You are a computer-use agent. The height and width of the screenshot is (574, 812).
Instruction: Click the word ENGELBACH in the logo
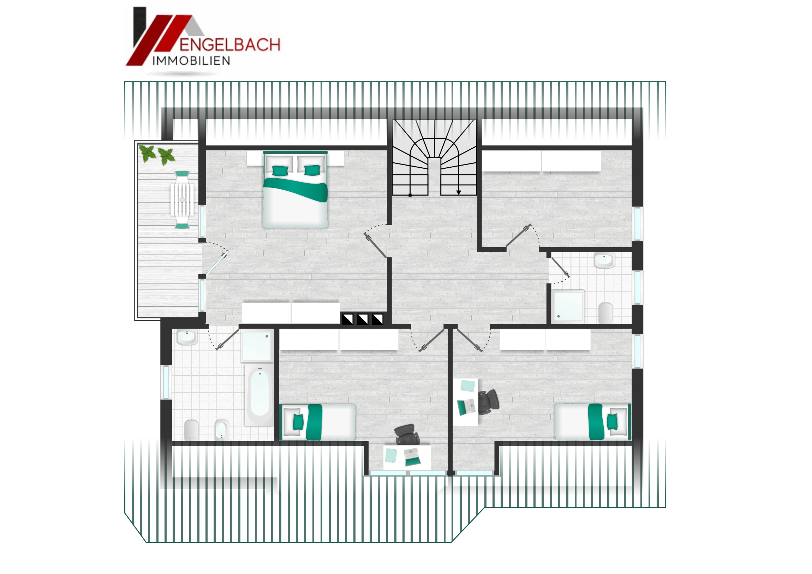tap(230, 45)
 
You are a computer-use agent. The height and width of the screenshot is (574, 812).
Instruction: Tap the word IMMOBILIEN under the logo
tap(191, 61)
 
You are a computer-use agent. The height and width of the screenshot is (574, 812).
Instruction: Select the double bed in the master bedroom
tap(295, 190)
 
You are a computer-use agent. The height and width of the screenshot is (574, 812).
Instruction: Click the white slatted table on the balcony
tap(182, 199)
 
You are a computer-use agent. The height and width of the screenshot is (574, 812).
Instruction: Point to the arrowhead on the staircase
tap(459, 192)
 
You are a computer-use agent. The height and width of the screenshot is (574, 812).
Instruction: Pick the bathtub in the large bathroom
tap(259, 396)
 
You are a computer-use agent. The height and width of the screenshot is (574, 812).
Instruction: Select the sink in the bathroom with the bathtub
tap(187, 337)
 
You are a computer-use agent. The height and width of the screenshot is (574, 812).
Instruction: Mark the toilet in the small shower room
tap(605, 313)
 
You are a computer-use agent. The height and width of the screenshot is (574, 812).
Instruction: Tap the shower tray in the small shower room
tap(568, 306)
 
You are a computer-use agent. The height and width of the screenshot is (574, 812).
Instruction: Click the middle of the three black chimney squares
tap(363, 319)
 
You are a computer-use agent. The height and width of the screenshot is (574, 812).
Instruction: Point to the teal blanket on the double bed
tap(295, 189)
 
